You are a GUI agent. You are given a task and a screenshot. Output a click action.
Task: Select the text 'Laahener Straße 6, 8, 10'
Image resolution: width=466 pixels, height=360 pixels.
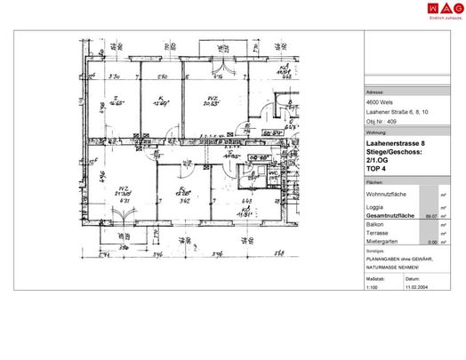coord(397,110)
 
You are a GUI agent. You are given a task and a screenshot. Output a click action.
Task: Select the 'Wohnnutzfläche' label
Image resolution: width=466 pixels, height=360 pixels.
coord(388,193)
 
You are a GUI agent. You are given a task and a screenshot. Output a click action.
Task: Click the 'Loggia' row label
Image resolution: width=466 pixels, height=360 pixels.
coord(376,207)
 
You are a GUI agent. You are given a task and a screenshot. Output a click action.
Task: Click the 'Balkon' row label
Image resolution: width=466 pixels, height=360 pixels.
coord(376,225)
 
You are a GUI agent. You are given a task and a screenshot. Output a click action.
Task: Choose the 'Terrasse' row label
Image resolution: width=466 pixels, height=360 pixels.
coord(378,233)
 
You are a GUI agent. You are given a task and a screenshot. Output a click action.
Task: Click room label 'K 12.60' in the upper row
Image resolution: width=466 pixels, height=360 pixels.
coord(160,102)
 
